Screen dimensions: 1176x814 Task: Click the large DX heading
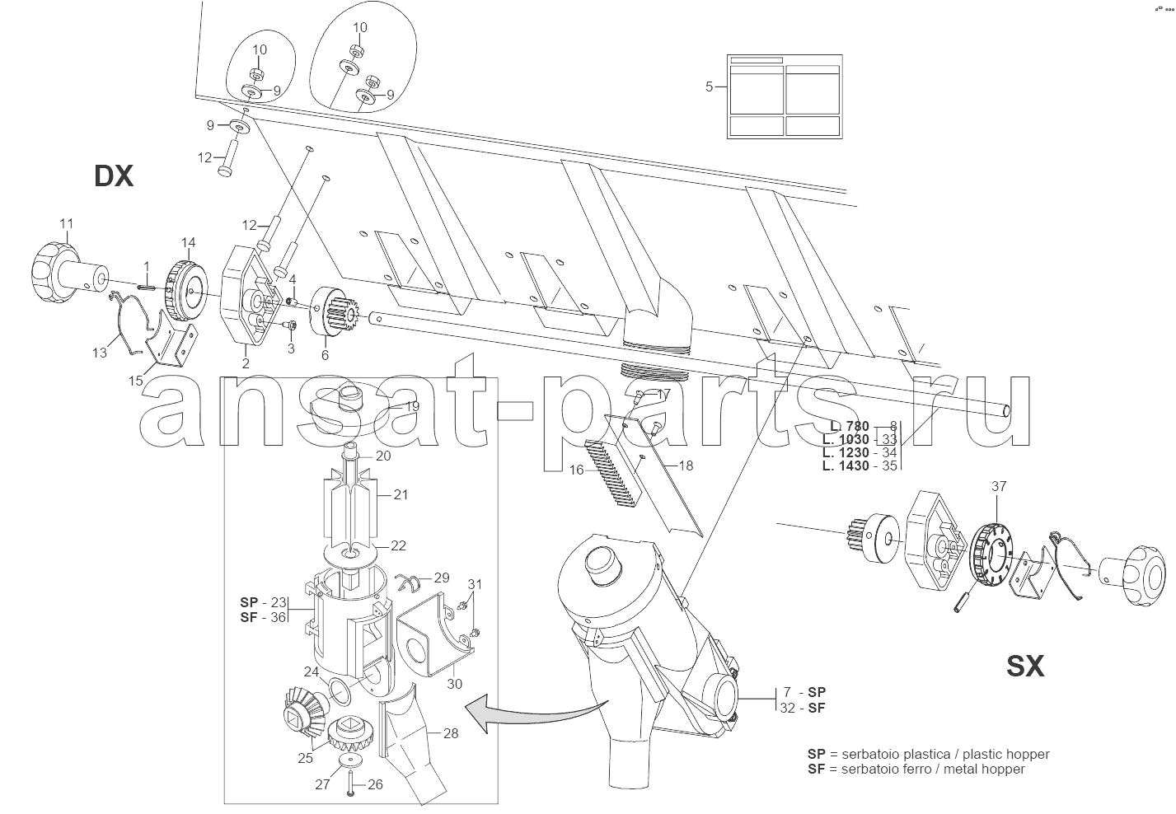114,175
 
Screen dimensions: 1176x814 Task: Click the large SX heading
1025,666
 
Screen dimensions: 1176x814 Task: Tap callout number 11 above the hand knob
66,223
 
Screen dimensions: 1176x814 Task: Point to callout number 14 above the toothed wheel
188,242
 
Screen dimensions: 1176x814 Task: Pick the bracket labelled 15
168,340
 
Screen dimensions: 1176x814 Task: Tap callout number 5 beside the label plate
709,87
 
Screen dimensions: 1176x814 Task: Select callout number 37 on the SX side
999,486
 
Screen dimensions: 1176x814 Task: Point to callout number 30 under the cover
455,684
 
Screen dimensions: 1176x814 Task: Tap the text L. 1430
846,465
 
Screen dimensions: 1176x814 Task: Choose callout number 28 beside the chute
451,733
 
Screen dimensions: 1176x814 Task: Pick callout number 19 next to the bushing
412,406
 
